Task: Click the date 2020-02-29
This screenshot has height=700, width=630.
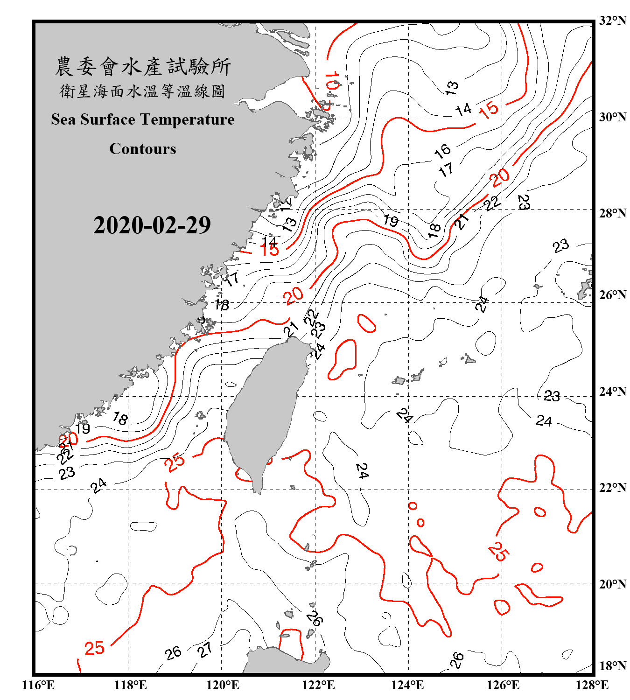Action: [152, 225]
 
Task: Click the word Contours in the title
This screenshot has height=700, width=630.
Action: [143, 149]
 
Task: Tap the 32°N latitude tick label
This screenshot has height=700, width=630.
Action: [612, 21]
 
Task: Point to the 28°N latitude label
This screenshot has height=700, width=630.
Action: [612, 213]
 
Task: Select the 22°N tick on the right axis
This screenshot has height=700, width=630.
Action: [612, 488]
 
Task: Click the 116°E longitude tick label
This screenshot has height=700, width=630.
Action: [38, 685]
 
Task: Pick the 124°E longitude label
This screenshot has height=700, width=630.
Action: [407, 685]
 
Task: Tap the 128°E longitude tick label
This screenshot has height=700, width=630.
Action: [592, 685]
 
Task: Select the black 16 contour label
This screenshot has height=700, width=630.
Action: [442, 150]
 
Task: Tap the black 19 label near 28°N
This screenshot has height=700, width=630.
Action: [391, 220]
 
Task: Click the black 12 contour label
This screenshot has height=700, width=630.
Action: [286, 203]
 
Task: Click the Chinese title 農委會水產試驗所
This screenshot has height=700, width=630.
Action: [143, 66]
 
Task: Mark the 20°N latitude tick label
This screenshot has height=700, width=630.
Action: [612, 584]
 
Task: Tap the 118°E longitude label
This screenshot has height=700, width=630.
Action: [130, 685]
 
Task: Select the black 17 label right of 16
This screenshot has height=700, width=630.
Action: [446, 169]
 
